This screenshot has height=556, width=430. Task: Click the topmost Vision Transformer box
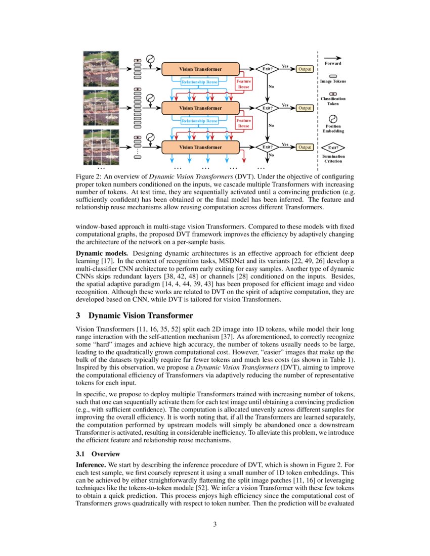coord(200,69)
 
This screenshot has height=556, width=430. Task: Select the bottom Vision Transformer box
coord(200,147)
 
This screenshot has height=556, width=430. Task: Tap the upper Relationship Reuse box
coord(200,82)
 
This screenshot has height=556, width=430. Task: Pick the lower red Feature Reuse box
coord(244,123)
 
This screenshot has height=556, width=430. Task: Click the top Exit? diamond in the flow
coord(267,69)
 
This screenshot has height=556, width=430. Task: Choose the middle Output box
coord(304,108)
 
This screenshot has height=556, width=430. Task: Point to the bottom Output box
coord(304,147)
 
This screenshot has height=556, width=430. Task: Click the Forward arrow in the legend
coord(332,58)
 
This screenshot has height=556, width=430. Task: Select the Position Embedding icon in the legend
coord(333,119)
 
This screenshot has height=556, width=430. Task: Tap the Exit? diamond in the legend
coord(333,148)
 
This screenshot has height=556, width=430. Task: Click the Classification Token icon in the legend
coord(333,94)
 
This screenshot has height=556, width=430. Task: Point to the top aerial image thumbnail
coord(101,68)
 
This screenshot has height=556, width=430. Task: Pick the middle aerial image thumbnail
coord(101,108)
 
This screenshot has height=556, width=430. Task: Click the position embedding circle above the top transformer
coord(150,59)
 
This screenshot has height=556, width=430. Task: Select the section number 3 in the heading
coord(78,316)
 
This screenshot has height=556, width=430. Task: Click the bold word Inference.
coord(90,464)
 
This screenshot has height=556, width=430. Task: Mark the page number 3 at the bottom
coord(215,524)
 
